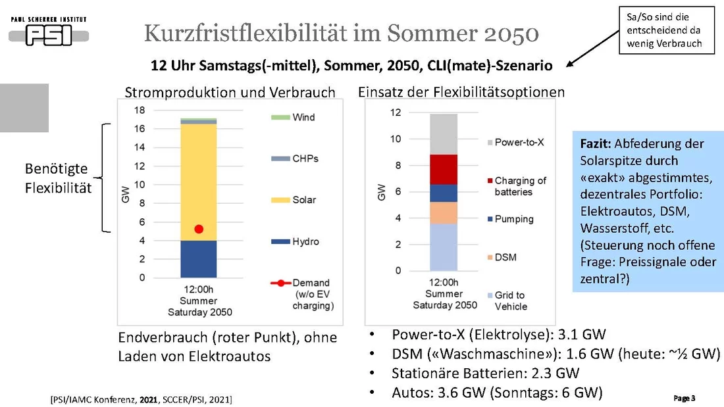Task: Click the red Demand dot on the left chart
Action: (199, 229)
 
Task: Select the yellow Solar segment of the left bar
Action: (198, 178)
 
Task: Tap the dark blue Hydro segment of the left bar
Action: (198, 259)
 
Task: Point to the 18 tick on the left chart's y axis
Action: (140, 110)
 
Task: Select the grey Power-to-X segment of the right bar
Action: (444, 134)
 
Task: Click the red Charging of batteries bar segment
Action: (444, 169)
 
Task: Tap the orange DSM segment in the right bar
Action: (444, 212)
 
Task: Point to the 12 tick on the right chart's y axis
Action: (395, 112)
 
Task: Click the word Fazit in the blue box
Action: (596, 143)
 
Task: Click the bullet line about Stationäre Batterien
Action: (485, 373)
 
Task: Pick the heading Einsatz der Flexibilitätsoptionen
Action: (461, 91)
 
